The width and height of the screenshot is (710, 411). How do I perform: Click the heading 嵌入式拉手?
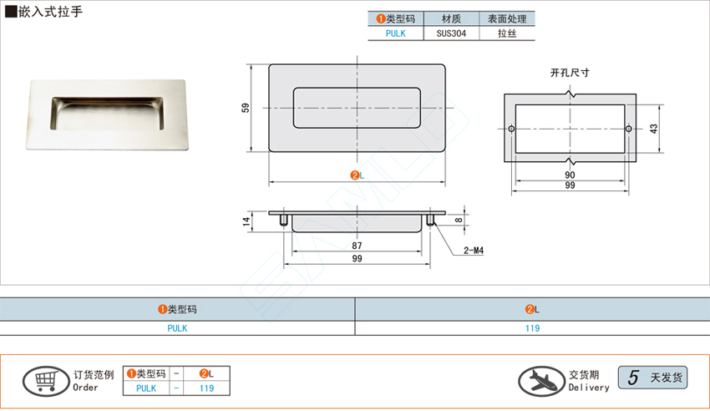pyautogui.click(x=50, y=12)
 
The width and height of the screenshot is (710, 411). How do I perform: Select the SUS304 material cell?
pyautogui.click(x=451, y=33)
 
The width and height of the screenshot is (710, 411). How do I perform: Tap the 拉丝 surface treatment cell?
pyautogui.click(x=507, y=33)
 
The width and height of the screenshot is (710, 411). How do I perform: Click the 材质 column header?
pyautogui.click(x=451, y=18)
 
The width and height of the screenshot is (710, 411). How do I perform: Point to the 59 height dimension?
pyautogui.click(x=246, y=108)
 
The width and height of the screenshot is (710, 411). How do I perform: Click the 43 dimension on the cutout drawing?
pyautogui.click(x=653, y=129)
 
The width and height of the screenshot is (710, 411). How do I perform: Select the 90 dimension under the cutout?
pyautogui.click(x=570, y=175)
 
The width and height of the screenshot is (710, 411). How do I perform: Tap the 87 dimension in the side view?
pyautogui.click(x=357, y=246)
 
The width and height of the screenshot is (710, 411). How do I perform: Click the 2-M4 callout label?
pyautogui.click(x=473, y=251)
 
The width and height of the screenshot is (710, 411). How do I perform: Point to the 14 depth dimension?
pyautogui.click(x=246, y=221)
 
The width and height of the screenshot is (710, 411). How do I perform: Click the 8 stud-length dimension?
pyautogui.click(x=459, y=220)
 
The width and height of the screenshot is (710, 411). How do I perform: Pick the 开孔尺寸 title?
pyautogui.click(x=570, y=73)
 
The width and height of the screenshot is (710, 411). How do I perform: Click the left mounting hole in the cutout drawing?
pyautogui.click(x=511, y=129)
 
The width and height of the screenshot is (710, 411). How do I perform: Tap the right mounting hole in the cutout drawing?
pyautogui.click(x=628, y=129)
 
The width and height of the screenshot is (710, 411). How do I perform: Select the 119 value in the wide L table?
pyautogui.click(x=533, y=328)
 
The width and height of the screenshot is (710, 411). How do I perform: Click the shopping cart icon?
pyautogui.click(x=46, y=381)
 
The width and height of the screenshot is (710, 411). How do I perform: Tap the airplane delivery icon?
pyautogui.click(x=541, y=381)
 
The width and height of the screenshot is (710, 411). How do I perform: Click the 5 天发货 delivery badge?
pyautogui.click(x=652, y=378)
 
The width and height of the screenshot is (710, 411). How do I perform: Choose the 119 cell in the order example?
pyautogui.click(x=206, y=388)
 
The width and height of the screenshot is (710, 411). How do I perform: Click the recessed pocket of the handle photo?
pyautogui.click(x=107, y=113)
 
